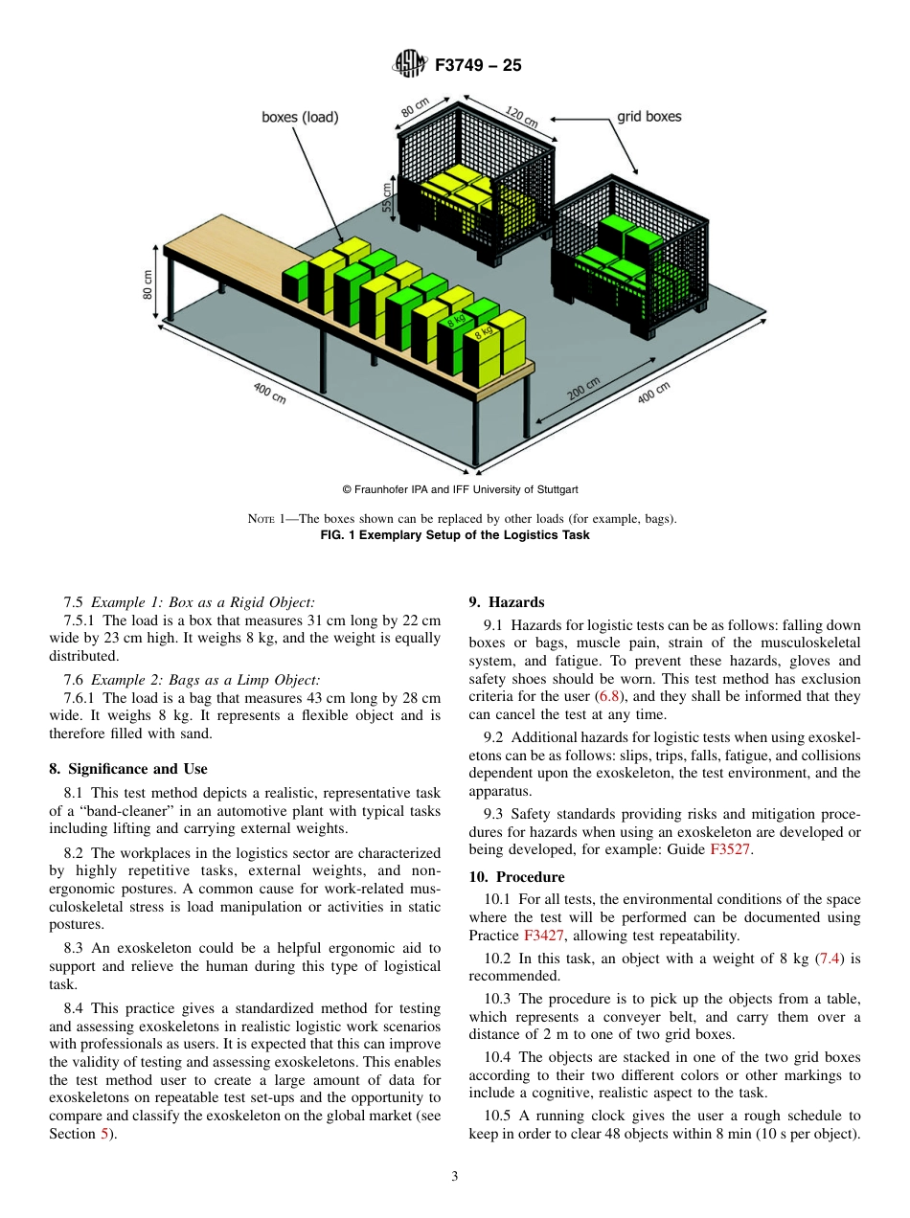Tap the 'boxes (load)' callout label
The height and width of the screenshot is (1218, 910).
[300, 118]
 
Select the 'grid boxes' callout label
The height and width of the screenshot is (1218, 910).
[648, 117]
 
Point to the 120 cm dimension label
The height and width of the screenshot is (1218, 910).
[521, 118]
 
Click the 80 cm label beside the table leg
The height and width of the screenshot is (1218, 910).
[148, 285]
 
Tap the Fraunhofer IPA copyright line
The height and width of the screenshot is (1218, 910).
[454, 489]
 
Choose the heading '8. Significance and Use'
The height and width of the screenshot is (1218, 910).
[127, 769]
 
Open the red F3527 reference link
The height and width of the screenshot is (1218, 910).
[731, 849]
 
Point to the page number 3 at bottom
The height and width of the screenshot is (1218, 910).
[454, 1177]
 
